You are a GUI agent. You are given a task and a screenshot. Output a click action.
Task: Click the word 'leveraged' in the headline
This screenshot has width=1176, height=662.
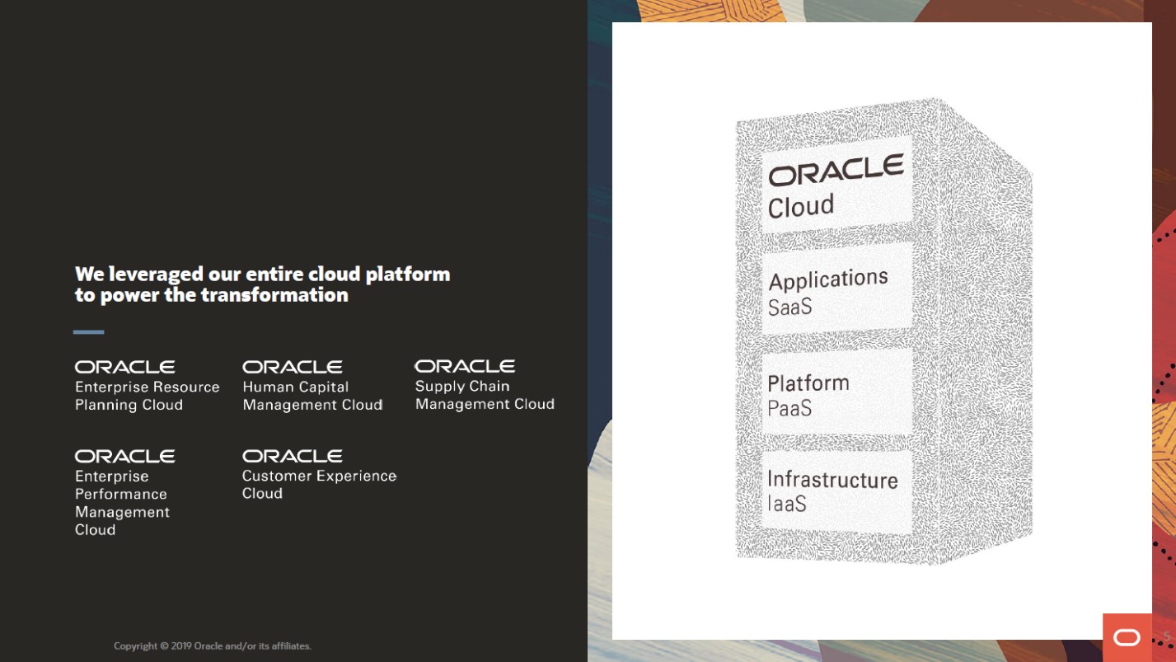tap(156, 275)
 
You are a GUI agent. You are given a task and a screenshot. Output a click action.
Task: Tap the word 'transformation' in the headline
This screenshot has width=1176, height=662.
tap(274, 295)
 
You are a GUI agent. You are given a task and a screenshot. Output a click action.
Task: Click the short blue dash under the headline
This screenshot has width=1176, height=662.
tap(89, 332)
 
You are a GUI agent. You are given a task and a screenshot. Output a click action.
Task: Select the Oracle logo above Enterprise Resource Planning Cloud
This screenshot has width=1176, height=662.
tap(125, 367)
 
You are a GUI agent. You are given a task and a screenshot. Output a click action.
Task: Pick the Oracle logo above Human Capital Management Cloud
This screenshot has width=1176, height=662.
tap(293, 367)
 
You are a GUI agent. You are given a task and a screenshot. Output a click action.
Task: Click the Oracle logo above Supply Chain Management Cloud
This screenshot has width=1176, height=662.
tap(465, 366)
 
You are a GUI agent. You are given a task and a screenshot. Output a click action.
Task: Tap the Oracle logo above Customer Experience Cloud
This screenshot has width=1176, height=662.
tap(293, 456)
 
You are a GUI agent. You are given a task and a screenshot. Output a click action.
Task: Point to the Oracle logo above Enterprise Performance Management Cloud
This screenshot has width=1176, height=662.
tap(125, 456)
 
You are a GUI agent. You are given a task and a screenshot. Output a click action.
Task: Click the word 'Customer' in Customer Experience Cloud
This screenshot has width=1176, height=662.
tap(277, 476)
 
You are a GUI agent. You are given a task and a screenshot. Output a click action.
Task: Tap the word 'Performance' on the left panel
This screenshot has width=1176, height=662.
tap(121, 494)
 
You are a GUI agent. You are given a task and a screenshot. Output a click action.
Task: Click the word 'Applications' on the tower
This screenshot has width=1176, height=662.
tap(828, 279)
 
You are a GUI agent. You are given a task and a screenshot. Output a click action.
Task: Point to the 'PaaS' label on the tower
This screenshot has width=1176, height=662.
tap(789, 408)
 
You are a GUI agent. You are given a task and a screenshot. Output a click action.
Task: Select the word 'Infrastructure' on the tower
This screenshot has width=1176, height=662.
tap(832, 480)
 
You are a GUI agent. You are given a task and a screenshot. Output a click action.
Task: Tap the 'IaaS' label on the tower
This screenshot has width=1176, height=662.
tap(786, 504)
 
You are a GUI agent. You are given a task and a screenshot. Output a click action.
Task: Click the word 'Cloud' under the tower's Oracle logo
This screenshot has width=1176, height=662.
tap(801, 206)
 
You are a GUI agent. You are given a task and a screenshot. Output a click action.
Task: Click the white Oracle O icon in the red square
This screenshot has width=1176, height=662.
tap(1127, 637)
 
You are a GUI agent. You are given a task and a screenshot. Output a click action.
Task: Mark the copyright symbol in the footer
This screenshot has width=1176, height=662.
tap(164, 646)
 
